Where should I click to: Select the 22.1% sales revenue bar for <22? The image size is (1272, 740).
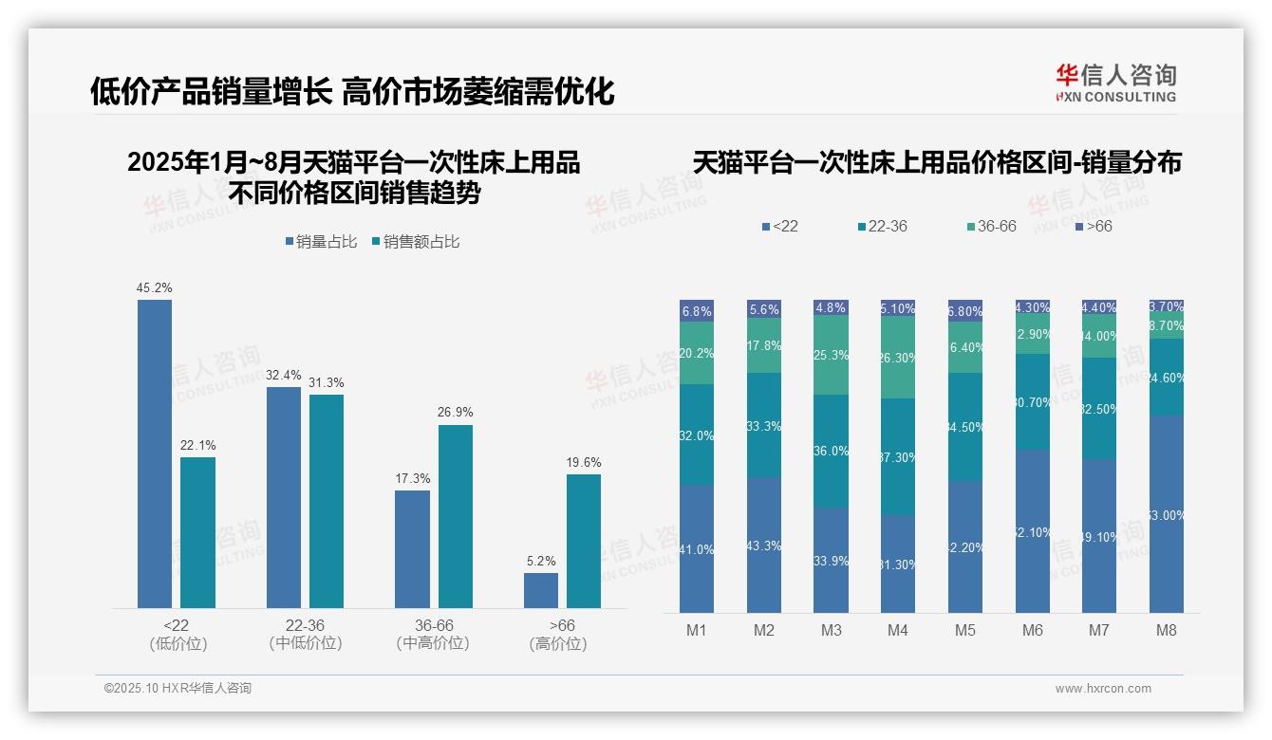coord(197,532)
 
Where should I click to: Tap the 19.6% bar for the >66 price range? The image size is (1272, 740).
coord(584,541)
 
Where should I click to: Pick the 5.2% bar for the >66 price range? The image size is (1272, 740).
coord(541,590)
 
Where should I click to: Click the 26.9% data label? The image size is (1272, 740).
coord(456,413)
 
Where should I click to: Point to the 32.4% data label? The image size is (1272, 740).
coord(284,375)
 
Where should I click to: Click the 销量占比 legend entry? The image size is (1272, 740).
coord(321,242)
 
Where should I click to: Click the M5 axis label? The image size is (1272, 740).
coord(964,630)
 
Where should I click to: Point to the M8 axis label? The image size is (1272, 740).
coord(1167,630)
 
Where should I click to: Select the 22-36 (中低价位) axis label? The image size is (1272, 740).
coord(305,634)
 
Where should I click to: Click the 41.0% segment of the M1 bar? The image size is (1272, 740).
coord(697,548)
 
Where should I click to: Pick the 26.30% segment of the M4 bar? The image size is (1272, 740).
coord(898,358)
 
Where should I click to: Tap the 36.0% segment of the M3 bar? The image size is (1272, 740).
coord(831,451)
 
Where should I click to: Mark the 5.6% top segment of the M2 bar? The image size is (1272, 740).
coord(764,309)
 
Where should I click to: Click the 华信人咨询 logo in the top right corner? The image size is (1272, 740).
coord(1115,83)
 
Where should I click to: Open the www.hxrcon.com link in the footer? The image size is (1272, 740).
coord(1103,689)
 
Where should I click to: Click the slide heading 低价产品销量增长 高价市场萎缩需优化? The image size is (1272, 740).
coord(352,92)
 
